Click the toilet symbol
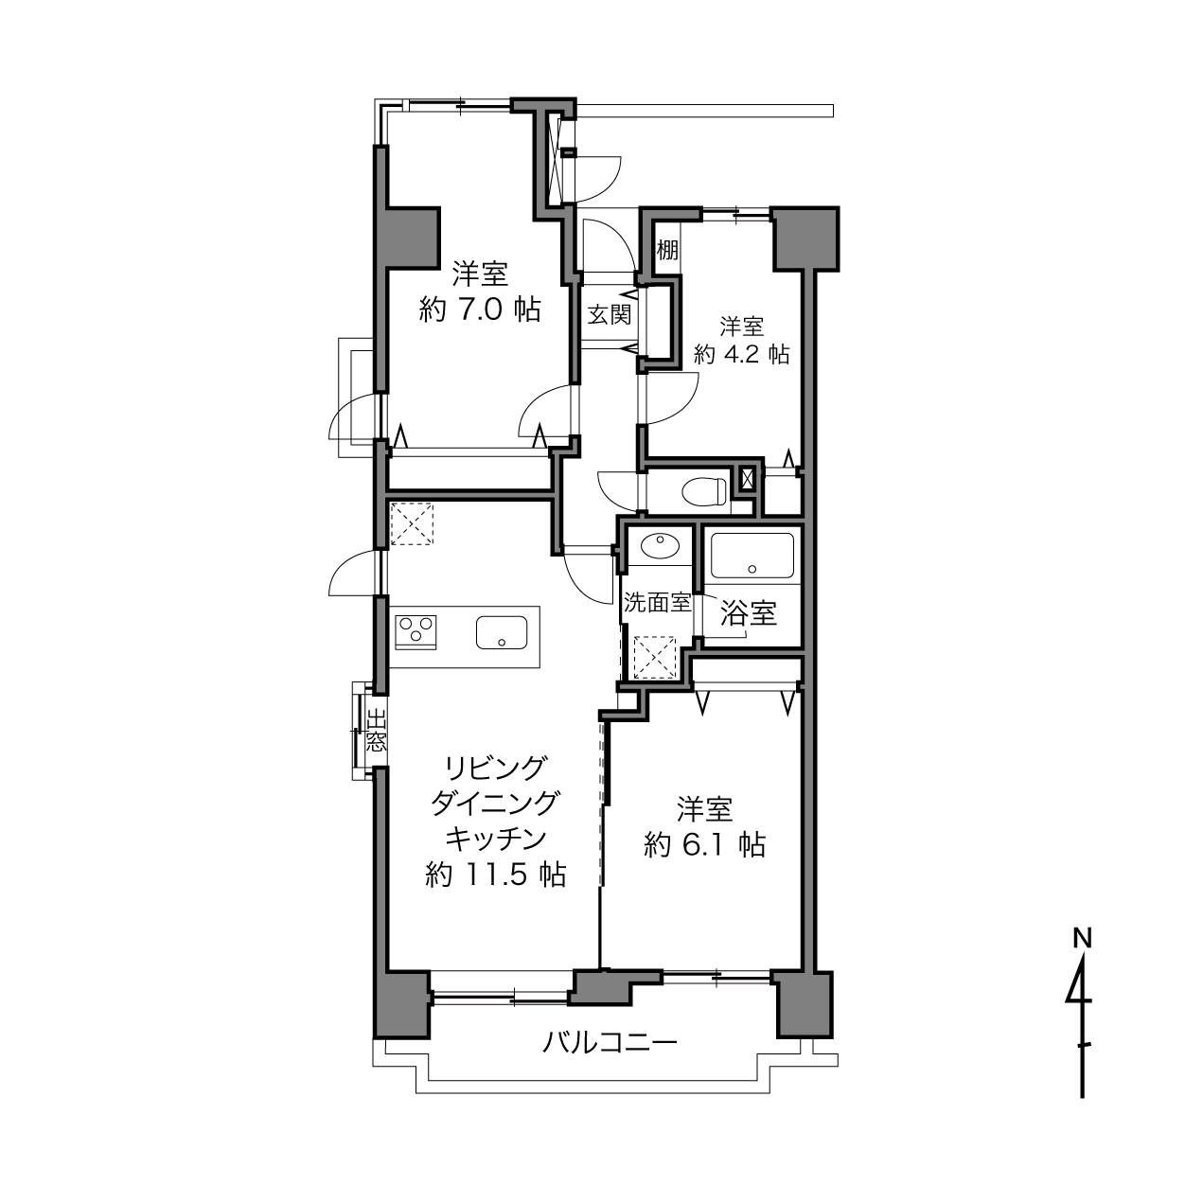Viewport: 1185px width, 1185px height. point(704,490)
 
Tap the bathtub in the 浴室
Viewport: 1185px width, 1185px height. point(752,556)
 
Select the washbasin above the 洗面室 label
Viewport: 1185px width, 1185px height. point(660,544)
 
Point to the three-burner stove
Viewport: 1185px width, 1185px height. point(416,631)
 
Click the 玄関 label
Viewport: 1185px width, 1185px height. point(610,315)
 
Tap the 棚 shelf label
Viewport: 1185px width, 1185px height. point(667,250)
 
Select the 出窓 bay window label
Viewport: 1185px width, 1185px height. point(376,731)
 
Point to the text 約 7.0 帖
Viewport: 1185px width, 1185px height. point(480,310)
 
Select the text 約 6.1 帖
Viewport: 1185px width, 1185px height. point(705,845)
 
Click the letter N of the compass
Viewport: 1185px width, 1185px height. point(1082,938)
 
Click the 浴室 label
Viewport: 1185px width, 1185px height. point(749,612)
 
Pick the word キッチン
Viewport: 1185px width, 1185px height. point(496,838)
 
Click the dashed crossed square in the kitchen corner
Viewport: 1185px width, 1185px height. point(412,524)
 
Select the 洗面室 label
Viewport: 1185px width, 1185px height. point(658,603)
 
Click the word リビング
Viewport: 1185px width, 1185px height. point(496,767)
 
